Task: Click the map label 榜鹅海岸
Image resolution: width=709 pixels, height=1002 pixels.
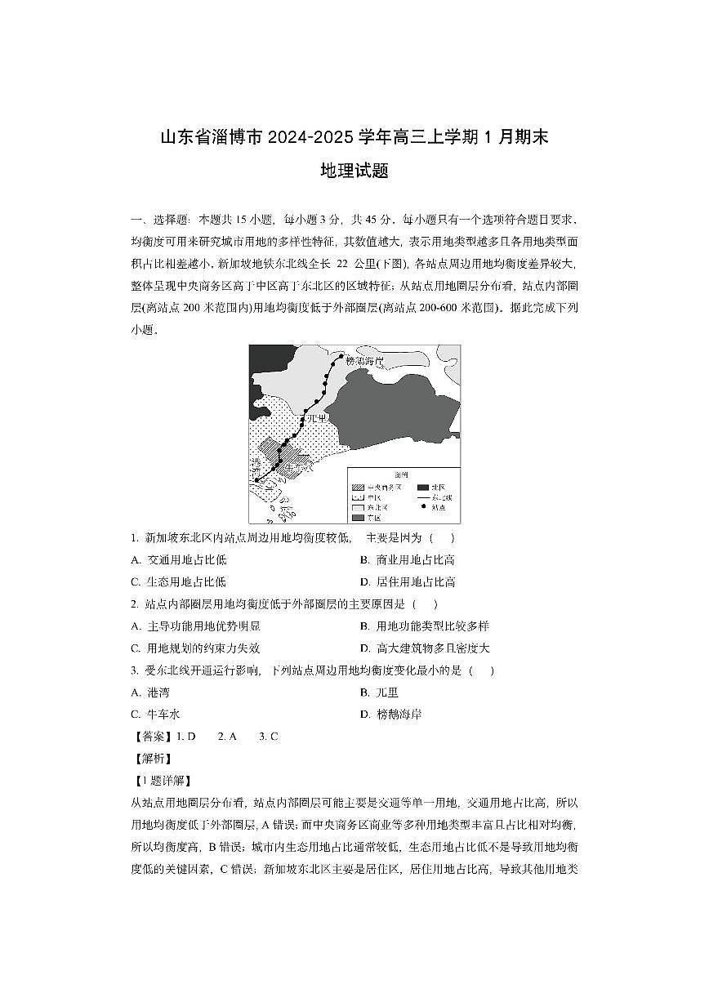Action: [x=364, y=360]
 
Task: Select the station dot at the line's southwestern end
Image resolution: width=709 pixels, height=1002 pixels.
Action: [x=257, y=481]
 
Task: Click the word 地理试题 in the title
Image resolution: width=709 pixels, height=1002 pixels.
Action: [x=354, y=171]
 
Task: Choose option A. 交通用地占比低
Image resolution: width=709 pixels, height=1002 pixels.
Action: [x=179, y=560]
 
